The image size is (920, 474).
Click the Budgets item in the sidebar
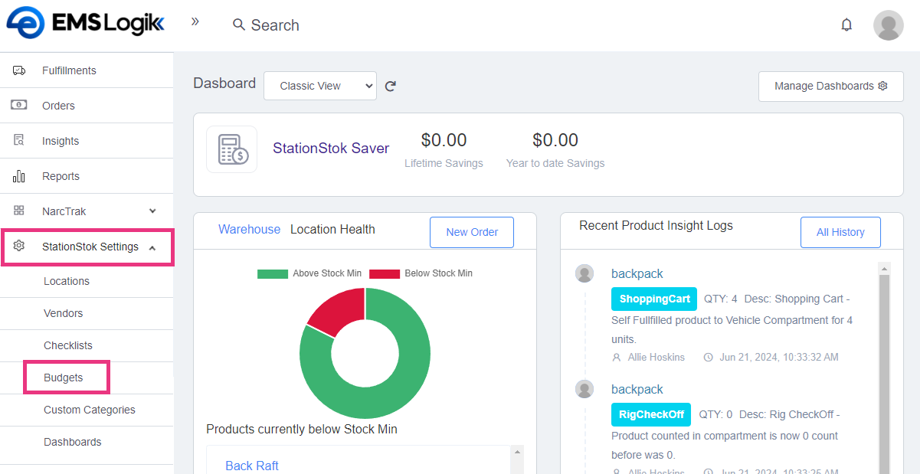[64, 378]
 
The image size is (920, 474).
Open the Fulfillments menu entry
[69, 70]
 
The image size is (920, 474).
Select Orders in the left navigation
[58, 106]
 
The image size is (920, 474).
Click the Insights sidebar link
[61, 141]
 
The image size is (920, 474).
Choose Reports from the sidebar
[61, 176]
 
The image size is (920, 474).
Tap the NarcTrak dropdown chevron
[152, 211]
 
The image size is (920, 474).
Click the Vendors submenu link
[64, 313]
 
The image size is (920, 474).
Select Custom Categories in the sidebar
[90, 410]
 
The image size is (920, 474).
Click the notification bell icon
[846, 25]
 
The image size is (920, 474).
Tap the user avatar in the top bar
[888, 25]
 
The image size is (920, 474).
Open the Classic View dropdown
[320, 86]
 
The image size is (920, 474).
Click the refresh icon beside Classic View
[391, 87]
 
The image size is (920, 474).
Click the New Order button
[472, 232]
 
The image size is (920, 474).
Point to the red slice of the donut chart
[334, 309]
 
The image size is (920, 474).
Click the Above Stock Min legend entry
[309, 273]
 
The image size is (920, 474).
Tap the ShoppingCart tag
[654, 299]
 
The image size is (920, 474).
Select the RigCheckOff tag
[651, 414]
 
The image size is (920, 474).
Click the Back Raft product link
[252, 466]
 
